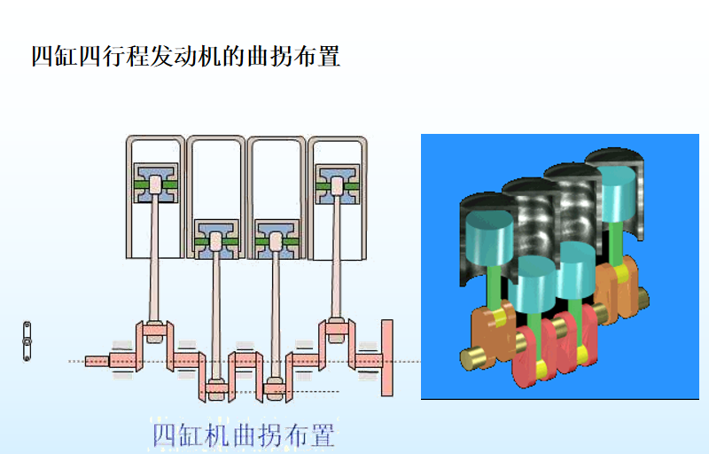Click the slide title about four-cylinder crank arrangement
click(x=186, y=57)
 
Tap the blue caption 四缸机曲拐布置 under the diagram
click(x=243, y=435)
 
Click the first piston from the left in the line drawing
click(x=156, y=184)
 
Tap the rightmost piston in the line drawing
click(x=337, y=184)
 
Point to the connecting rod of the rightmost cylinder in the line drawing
click(x=337, y=257)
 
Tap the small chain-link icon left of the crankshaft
click(x=27, y=340)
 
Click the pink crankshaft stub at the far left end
click(x=97, y=360)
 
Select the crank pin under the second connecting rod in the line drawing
click(x=215, y=387)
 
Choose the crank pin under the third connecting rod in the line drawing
click(x=275, y=387)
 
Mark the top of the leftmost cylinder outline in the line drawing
click(x=156, y=138)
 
